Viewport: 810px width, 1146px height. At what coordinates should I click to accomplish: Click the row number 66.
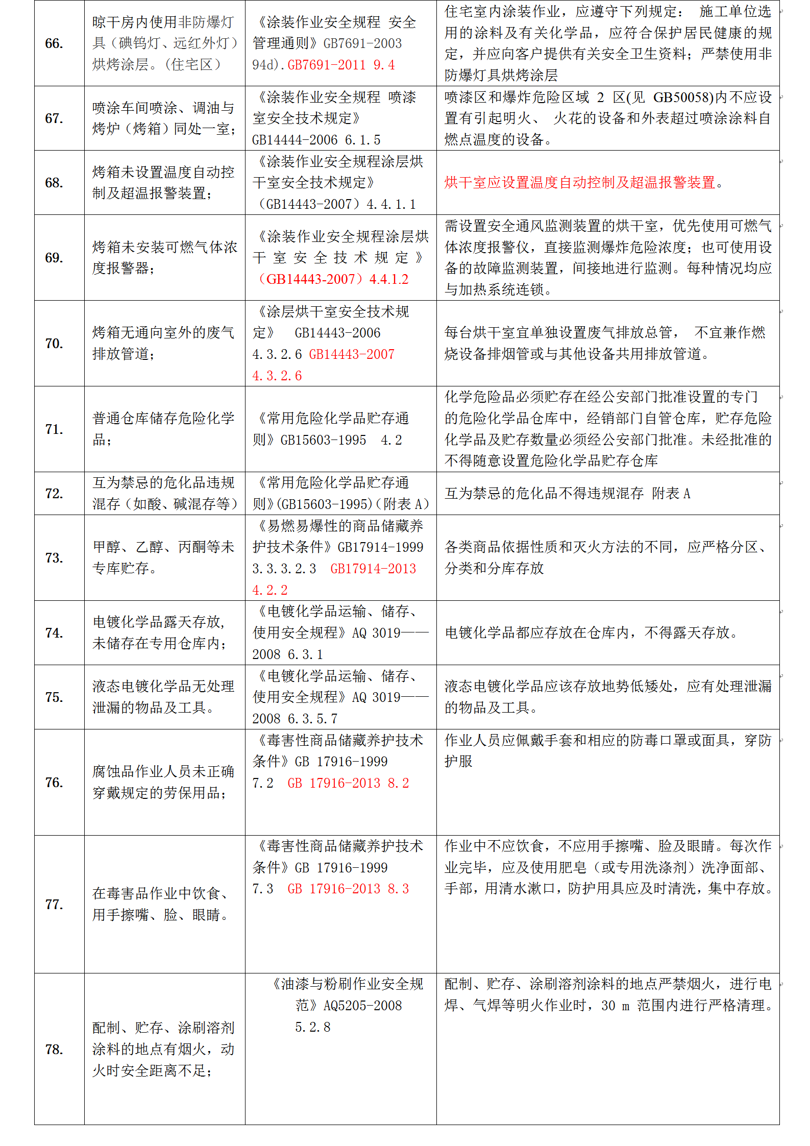tap(54, 43)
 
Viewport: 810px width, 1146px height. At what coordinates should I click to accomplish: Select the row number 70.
tap(54, 344)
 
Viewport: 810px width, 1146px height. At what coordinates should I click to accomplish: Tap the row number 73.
tap(54, 558)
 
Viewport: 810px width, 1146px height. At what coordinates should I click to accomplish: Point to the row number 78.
tap(54, 1049)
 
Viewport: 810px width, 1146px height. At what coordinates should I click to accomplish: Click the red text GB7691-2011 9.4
tap(341, 65)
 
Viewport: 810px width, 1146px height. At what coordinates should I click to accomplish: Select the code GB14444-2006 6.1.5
tap(316, 140)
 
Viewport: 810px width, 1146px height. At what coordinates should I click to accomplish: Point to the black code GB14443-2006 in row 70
tap(337, 333)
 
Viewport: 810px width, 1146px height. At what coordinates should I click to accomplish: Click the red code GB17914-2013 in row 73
tap(373, 569)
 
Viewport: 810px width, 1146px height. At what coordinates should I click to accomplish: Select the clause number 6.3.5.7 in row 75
tap(313, 719)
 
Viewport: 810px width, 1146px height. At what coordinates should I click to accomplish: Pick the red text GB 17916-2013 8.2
tap(348, 783)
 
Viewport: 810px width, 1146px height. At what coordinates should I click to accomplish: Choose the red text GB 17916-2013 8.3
tap(348, 889)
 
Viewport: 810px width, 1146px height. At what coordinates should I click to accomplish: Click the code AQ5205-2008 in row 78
tap(363, 1006)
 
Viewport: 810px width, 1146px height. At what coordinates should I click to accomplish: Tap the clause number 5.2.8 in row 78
tap(313, 1027)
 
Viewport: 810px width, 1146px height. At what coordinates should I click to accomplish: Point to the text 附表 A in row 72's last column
tap(671, 494)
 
